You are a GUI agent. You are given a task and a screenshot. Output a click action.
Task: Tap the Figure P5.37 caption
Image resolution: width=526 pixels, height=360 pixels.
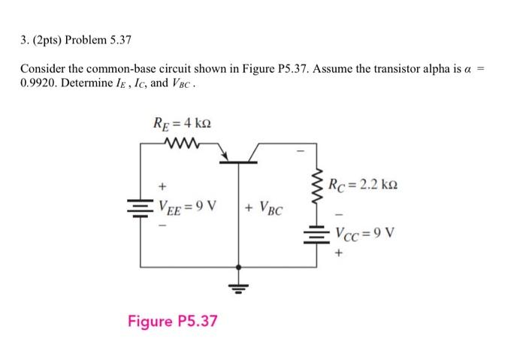173,321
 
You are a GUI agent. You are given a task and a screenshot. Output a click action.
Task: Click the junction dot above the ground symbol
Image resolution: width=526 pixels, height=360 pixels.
239,267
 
